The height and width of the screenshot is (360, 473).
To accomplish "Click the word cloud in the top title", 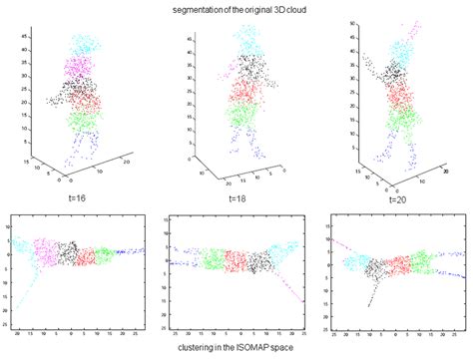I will pos(290,9).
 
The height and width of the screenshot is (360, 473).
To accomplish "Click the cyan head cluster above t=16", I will pos(88,45).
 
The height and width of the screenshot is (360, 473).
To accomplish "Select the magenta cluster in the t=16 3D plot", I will pos(81,68).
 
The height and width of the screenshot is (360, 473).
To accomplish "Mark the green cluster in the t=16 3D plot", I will pos(85,122).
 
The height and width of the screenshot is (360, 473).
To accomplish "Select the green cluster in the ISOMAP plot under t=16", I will pos(103,255).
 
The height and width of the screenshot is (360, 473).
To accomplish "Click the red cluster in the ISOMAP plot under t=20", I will pos(397,265).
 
